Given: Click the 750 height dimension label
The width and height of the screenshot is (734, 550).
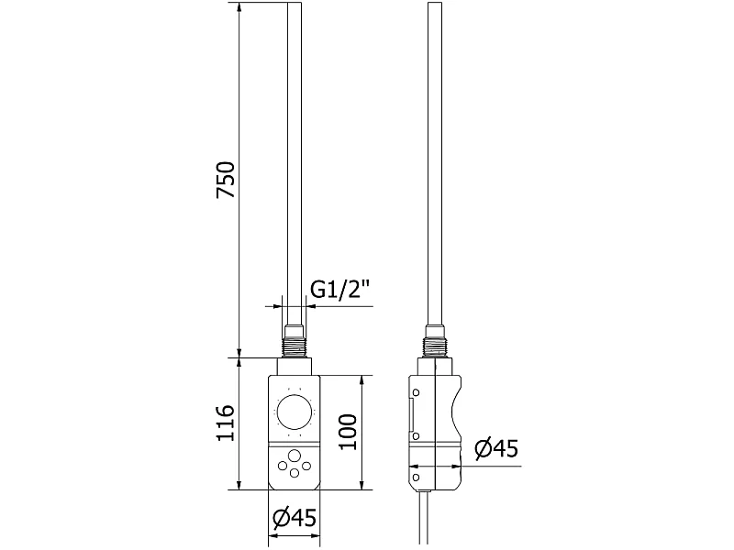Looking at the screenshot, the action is tap(226, 180).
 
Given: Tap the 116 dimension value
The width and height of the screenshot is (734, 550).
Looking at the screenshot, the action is tap(226, 423).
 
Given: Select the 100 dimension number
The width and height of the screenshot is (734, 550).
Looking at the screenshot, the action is tap(348, 432).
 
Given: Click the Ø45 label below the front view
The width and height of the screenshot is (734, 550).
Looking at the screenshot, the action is tap(294, 518).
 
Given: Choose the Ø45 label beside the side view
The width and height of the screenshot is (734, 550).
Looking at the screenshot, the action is tap(496, 449).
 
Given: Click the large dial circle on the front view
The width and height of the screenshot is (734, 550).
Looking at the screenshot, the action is tap(294, 412).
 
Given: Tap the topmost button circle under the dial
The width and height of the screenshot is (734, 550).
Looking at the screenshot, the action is tap(294, 456).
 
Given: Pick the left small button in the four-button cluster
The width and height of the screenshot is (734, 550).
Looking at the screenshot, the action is tap(283, 466).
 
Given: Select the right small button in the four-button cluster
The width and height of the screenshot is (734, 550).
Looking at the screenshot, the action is tap(306, 466).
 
